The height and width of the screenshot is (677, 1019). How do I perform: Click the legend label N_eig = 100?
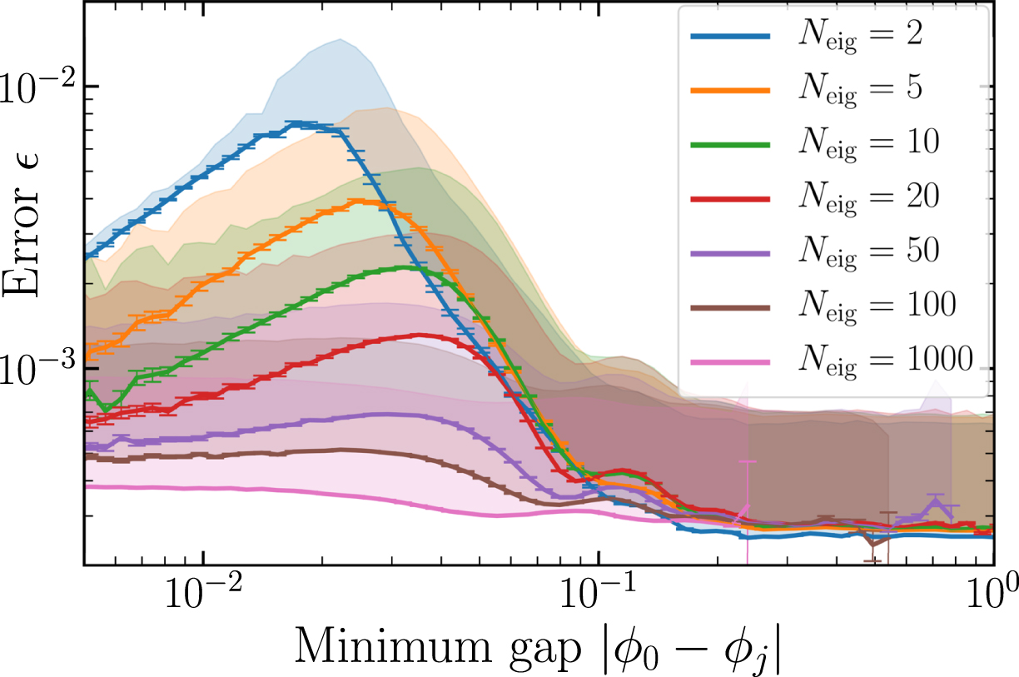(x=876, y=304)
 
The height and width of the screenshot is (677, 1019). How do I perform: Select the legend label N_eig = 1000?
(x=885, y=358)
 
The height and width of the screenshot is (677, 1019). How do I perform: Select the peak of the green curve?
(x=405, y=267)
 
